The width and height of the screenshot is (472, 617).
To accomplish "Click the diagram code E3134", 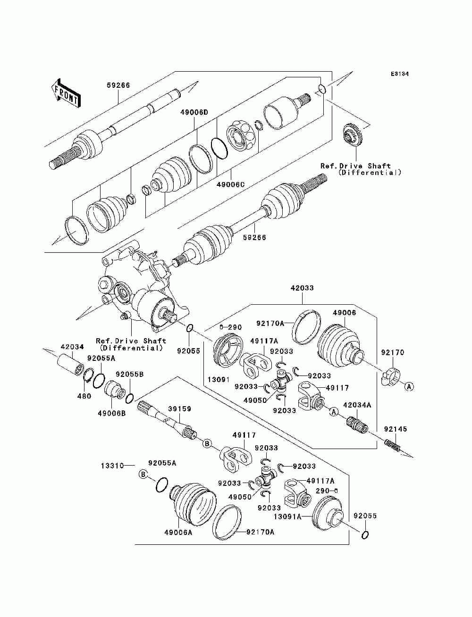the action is [x=399, y=74].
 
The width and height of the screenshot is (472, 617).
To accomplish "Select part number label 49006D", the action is [x=194, y=112].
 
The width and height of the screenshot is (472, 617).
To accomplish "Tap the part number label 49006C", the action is [x=230, y=185].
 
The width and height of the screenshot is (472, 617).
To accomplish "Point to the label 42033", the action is [x=302, y=288].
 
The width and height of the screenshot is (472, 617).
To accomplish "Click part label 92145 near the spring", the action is [x=396, y=429].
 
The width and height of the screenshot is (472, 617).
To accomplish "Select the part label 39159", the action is [x=180, y=409].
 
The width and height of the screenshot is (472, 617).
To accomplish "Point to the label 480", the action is [x=84, y=396].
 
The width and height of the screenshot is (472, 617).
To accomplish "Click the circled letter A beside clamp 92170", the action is [x=409, y=387].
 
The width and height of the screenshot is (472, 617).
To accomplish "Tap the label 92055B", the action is [x=130, y=374].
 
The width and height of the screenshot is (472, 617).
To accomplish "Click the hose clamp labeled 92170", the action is [x=391, y=376].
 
